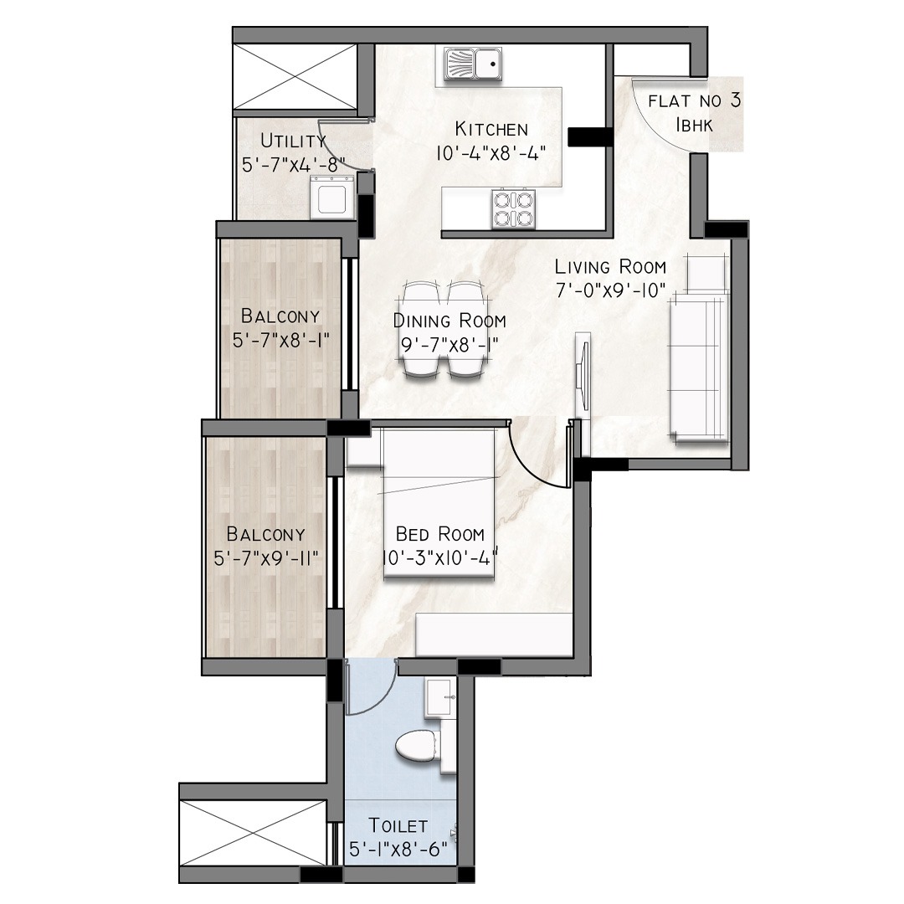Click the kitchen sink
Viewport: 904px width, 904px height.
pos(473,64)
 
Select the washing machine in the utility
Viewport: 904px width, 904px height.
pos(332,198)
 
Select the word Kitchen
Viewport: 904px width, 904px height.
pos(491,129)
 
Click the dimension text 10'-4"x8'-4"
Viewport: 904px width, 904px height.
pos(491,153)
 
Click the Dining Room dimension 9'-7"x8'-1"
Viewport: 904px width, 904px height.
pos(449,346)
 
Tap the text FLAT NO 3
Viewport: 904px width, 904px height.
pos(694,101)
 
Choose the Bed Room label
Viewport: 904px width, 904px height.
pos(440,534)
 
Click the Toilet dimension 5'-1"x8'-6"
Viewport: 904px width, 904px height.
pos(398,850)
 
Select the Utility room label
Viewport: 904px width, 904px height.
pos(293,140)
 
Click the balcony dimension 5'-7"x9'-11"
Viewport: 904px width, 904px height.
pos(266,558)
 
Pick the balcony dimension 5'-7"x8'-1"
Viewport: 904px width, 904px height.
pos(280,340)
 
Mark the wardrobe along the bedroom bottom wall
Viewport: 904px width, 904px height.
pos(494,634)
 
